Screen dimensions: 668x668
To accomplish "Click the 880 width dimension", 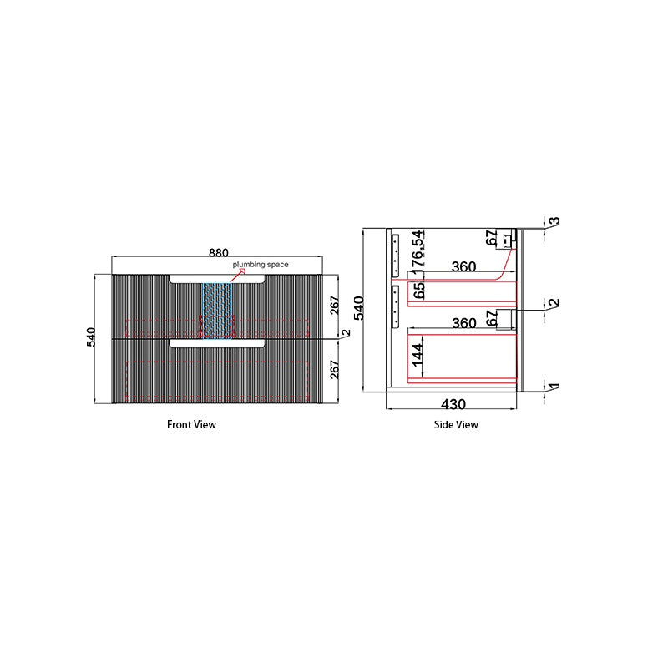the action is (218, 253).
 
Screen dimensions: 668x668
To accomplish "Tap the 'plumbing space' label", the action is (261, 265).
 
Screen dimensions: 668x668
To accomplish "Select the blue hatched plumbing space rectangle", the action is (217, 311).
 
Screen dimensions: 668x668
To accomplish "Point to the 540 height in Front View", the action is (91, 337).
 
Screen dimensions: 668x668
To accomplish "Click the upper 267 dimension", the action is (335, 305).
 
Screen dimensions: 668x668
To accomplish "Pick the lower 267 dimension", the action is (335, 369).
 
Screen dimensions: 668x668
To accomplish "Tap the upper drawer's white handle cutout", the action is (217, 279).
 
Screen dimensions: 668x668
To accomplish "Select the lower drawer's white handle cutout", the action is (217, 343).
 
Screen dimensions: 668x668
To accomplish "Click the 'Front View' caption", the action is (191, 424).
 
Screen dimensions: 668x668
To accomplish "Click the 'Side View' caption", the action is (456, 424).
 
